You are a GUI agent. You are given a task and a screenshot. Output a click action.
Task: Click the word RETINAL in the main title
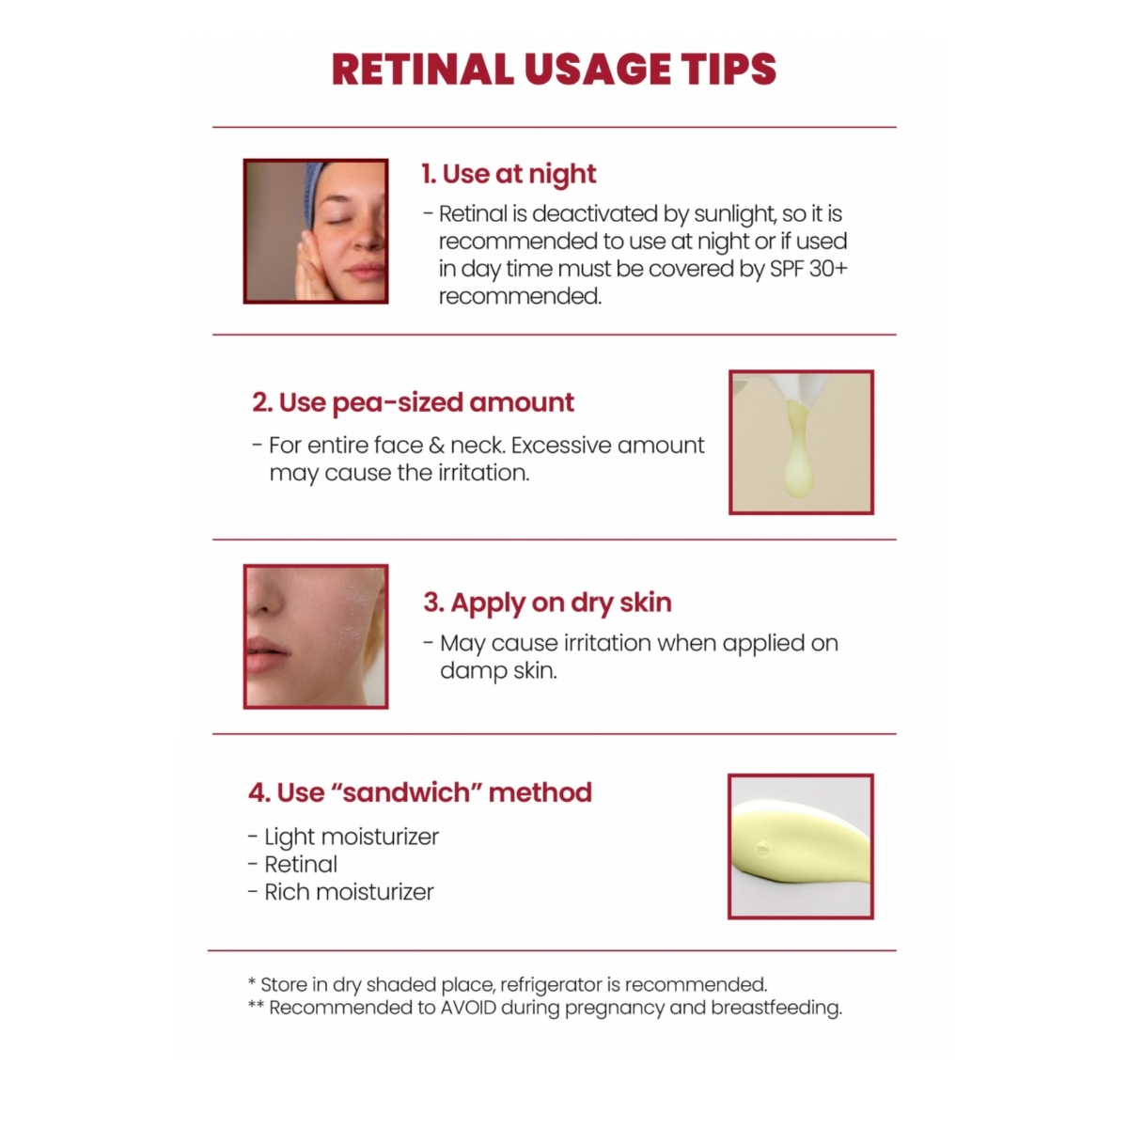coord(423,70)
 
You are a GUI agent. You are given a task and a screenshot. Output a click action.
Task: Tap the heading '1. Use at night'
coord(509,174)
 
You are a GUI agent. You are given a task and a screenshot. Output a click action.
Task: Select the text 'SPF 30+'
coord(807,269)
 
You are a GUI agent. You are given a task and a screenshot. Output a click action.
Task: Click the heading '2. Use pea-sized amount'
coord(413,402)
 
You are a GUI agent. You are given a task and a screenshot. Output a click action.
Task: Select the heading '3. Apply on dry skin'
coord(547,603)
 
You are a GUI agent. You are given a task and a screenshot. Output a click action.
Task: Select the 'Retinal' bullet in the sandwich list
coord(300,865)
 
